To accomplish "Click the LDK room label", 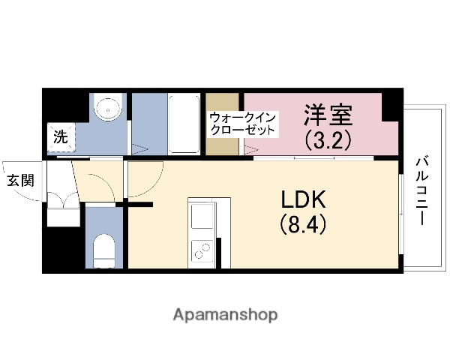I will [x=304, y=199].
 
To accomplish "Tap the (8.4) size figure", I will [x=304, y=223].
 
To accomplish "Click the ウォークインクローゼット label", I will [x=243, y=124].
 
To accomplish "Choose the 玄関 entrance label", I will [x=20, y=180].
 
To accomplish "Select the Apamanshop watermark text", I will [x=225, y=314].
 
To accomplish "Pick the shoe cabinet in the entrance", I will [x=61, y=210].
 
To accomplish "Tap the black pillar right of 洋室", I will [x=389, y=104].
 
